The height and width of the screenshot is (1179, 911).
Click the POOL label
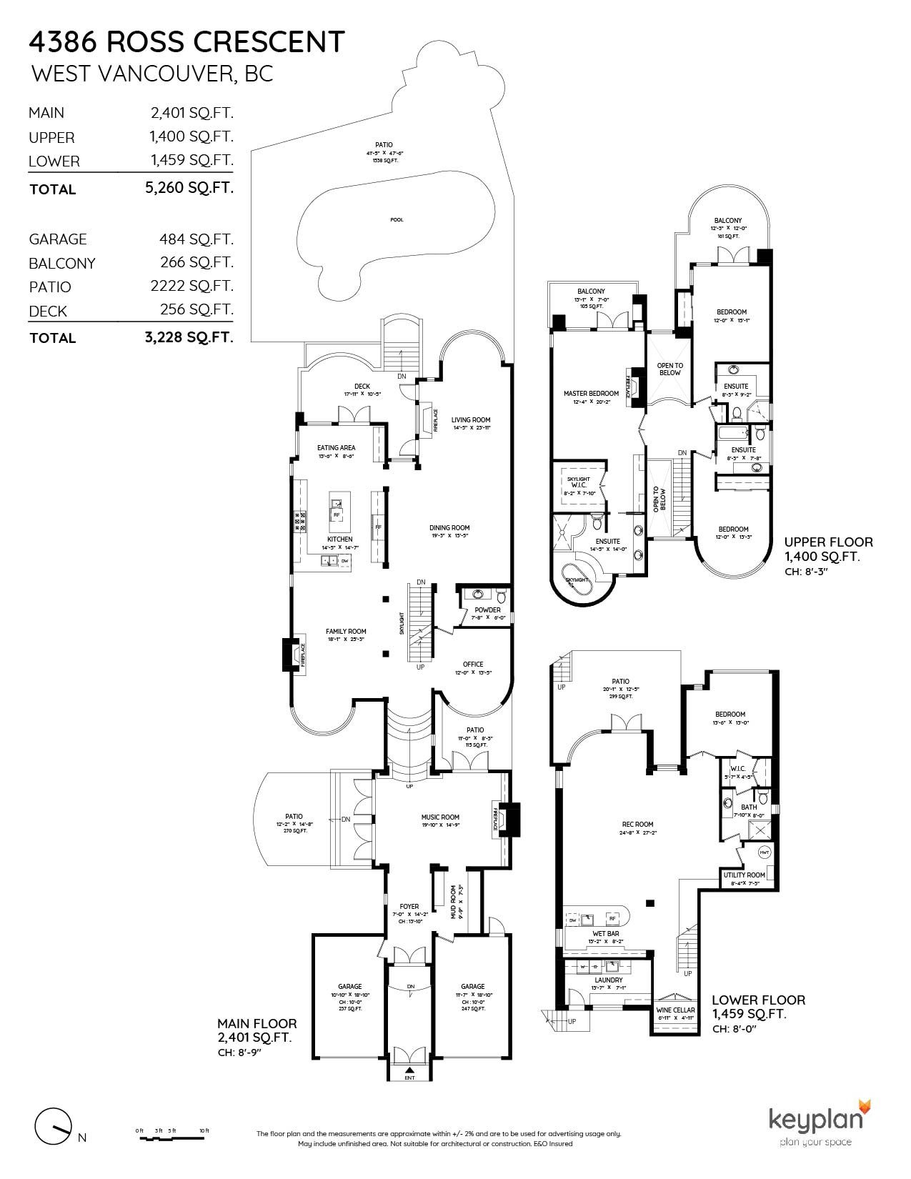pyautogui.click(x=397, y=220)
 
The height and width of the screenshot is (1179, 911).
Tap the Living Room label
pyautogui.click(x=471, y=420)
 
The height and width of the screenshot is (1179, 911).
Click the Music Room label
pyautogui.click(x=440, y=817)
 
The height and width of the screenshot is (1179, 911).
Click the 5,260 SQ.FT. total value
pyautogui.click(x=189, y=189)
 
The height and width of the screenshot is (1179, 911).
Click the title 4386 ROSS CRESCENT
pyautogui.click(x=186, y=43)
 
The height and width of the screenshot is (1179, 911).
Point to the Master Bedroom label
pyautogui.click(x=591, y=394)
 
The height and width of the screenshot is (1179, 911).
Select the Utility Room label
pyautogui.click(x=744, y=875)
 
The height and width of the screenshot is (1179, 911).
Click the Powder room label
pyautogui.click(x=487, y=610)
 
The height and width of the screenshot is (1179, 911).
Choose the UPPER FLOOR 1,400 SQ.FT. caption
pyautogui.click(x=828, y=549)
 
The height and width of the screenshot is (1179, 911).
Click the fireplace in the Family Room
pyautogui.click(x=292, y=654)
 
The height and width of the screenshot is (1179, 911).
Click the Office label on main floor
pyautogui.click(x=473, y=664)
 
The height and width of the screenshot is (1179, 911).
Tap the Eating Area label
pyautogui.click(x=336, y=448)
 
